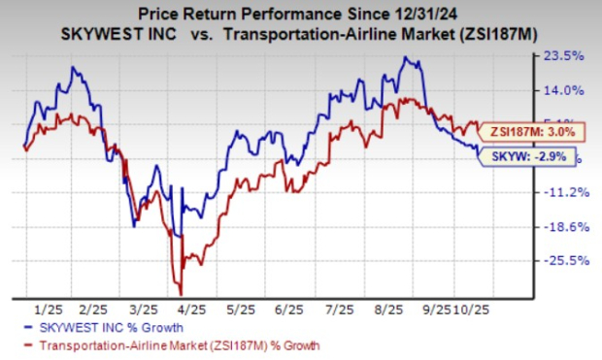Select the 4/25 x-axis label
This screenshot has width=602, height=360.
click(x=194, y=307)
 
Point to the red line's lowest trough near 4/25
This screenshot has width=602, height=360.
click(x=181, y=293)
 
